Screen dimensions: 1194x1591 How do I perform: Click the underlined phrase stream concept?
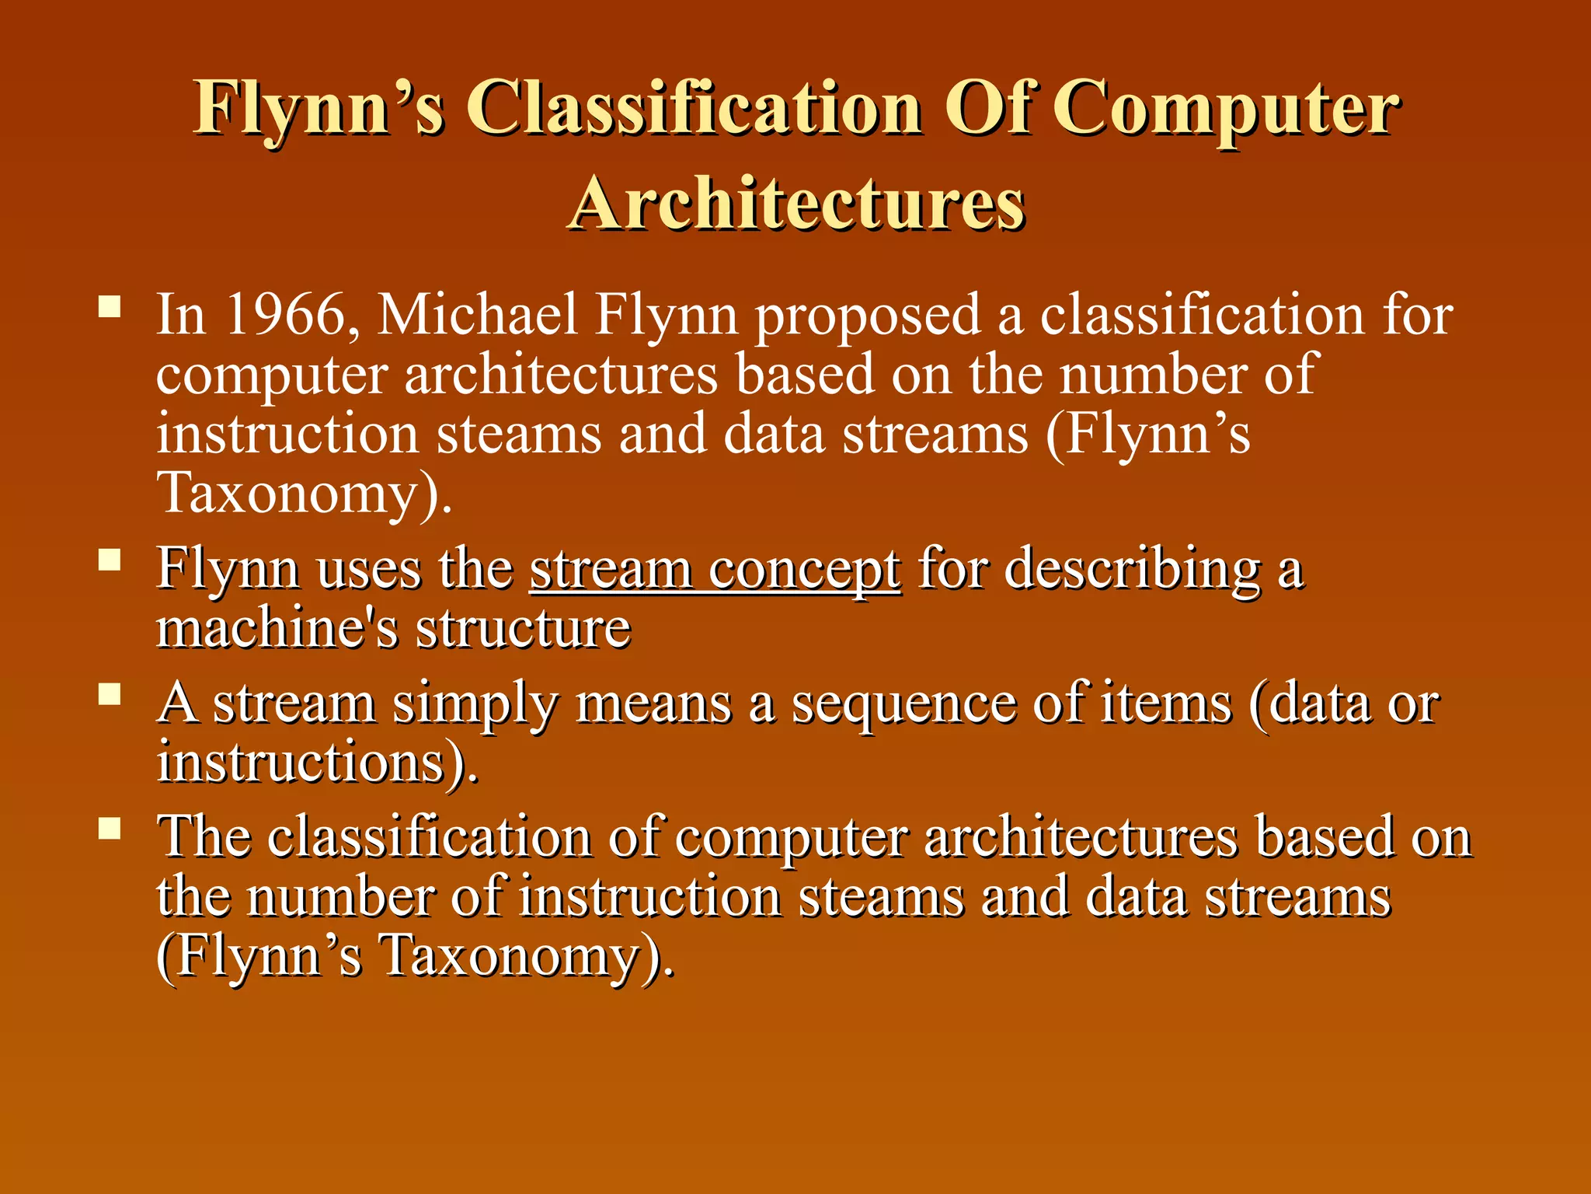tap(715, 571)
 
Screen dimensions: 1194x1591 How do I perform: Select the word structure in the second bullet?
tap(524, 628)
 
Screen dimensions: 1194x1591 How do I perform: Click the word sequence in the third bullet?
tap(903, 704)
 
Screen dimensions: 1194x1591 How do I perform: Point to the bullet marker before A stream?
tap(110, 693)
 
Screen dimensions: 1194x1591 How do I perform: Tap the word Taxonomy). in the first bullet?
tap(304, 494)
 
